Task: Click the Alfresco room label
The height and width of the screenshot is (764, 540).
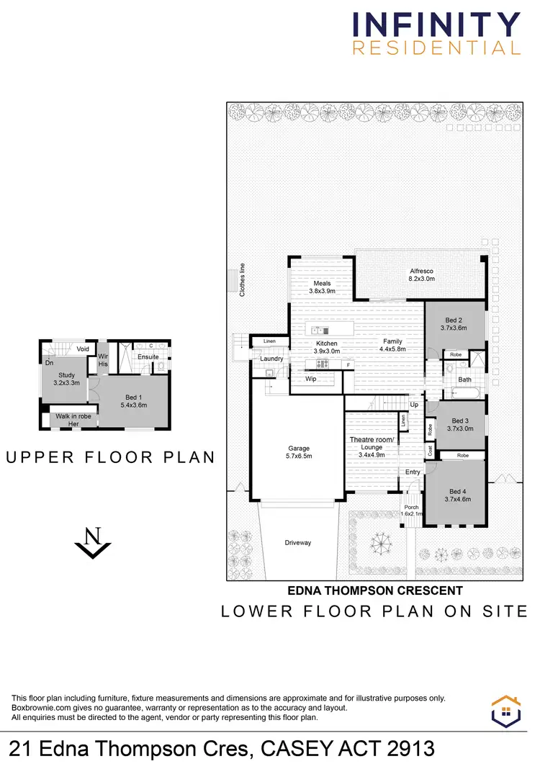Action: [x=422, y=271]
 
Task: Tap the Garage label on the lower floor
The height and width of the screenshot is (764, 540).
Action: [x=299, y=449]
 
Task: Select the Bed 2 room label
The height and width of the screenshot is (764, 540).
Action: [x=454, y=320]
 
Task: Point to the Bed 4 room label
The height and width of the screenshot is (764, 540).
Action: [x=457, y=490]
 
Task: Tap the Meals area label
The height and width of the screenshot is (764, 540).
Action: [x=322, y=284]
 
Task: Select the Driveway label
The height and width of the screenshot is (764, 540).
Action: [x=297, y=542]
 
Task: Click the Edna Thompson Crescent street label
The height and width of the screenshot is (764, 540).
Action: [x=375, y=590]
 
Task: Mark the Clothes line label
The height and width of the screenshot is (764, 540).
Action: [x=243, y=279]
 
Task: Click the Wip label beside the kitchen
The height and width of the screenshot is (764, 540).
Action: [x=311, y=378]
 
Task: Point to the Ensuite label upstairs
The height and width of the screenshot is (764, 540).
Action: [x=148, y=356]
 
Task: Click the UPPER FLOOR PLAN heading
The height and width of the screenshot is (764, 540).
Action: [x=111, y=457]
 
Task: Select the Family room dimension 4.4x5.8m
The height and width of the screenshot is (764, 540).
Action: [x=392, y=349]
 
